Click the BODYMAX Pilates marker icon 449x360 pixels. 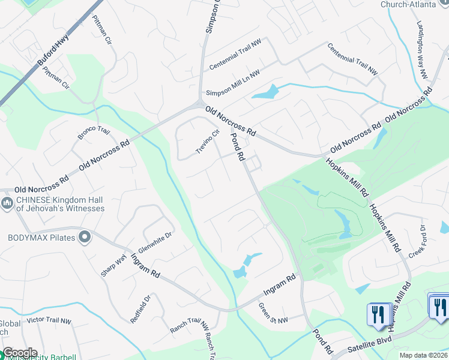coord(85,237)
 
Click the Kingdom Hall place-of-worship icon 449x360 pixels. coord(7,204)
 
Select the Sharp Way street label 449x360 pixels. coord(110,262)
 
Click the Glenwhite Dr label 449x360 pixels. coord(154,242)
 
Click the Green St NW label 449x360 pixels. coord(273,316)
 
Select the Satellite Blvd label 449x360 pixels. coord(373,347)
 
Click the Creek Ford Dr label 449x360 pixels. coord(416,241)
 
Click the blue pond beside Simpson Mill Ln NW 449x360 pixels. coord(266,93)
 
